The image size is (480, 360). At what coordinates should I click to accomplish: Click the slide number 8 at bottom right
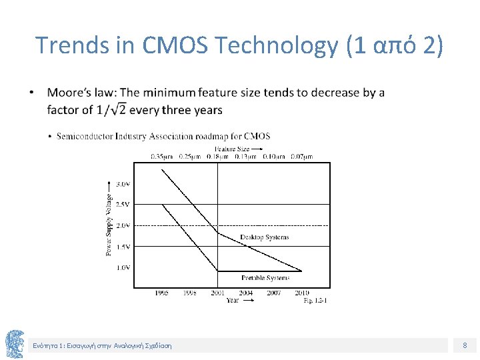coord(465,345)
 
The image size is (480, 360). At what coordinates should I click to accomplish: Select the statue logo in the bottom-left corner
coord(15,344)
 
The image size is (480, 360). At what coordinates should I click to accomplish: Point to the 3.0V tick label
coord(123,183)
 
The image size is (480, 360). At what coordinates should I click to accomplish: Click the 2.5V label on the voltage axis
coord(123,204)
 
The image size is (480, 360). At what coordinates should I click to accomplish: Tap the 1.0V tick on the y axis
coord(123,267)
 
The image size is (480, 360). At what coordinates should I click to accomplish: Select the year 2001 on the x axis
coord(218,293)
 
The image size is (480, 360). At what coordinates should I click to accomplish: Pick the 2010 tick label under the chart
coord(301,293)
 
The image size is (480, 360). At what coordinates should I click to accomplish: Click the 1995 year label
coord(161,293)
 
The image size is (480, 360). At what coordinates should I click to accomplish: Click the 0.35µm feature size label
coord(161,157)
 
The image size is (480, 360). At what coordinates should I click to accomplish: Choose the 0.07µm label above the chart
coord(301,157)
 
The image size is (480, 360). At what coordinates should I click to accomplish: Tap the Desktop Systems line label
coord(265,237)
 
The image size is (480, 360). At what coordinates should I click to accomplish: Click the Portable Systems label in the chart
coord(265,277)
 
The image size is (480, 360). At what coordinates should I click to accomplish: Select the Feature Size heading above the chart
coord(232,149)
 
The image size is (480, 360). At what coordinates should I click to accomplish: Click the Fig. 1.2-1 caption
coord(315,301)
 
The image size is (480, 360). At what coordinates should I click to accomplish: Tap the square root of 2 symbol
coord(119,109)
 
